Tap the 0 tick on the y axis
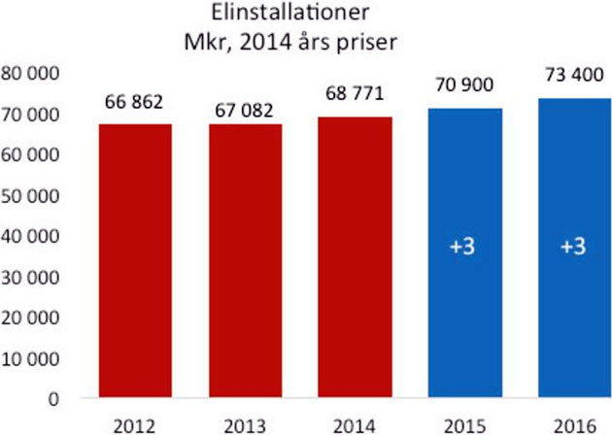point(56,398)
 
